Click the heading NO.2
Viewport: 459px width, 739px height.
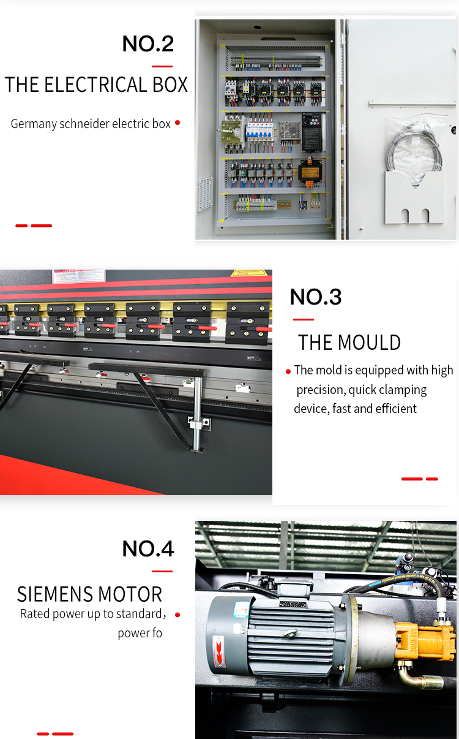[x=148, y=44]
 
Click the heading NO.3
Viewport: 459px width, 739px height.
[x=316, y=297]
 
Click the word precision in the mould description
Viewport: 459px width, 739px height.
[x=323, y=390]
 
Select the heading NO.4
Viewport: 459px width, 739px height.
[x=148, y=548]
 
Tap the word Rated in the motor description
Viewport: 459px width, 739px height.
[x=35, y=614]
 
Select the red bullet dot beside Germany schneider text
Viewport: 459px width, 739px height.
[x=177, y=123]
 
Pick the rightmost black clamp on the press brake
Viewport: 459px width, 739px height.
[x=248, y=321]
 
